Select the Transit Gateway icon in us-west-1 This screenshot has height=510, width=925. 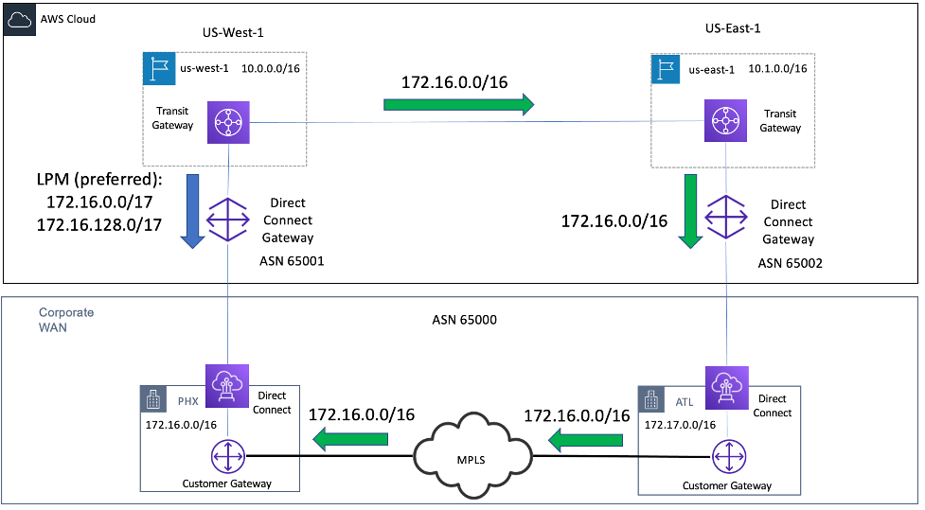(x=228, y=121)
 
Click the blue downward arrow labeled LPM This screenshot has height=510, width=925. (x=192, y=210)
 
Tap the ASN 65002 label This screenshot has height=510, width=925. (x=791, y=264)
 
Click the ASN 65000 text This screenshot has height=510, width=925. (x=458, y=320)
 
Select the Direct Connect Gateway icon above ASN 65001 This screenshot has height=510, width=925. (x=228, y=220)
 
